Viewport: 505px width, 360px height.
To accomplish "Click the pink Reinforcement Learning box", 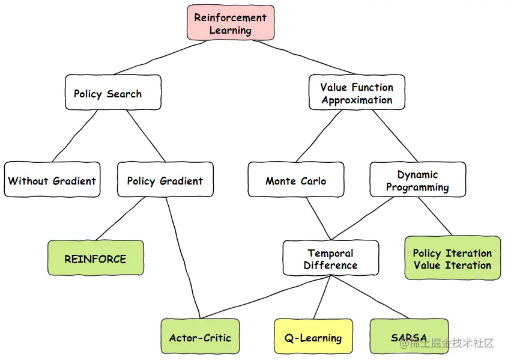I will click(231, 23).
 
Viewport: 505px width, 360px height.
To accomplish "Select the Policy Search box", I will click(113, 93).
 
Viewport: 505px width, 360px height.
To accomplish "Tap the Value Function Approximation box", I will click(357, 93).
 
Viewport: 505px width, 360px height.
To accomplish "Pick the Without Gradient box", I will click(52, 180).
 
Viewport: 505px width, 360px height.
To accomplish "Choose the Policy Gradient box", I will click(165, 180).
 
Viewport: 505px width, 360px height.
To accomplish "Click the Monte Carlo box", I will click(296, 180).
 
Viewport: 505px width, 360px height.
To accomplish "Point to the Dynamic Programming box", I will click(417, 180).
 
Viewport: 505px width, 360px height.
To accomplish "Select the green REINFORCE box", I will click(95, 258).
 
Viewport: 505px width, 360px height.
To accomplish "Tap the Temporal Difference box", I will click(330, 258).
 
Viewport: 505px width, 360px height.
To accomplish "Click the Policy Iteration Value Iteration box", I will click(452, 258).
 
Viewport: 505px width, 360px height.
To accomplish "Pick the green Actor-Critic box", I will click(200, 337).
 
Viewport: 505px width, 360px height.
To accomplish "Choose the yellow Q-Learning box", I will click(313, 337).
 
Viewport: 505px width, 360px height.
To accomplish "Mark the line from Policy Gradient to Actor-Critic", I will click(183, 258).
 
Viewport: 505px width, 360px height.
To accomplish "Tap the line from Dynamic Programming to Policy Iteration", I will click(435, 216).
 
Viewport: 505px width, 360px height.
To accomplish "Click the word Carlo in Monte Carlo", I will click(313, 180).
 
